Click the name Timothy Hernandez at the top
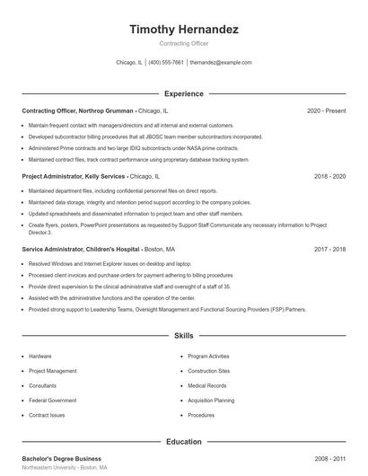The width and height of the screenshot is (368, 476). (x=184, y=30)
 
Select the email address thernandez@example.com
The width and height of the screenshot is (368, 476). (x=221, y=63)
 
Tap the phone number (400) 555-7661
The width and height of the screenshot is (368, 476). (x=166, y=63)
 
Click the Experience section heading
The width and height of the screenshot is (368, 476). (x=184, y=93)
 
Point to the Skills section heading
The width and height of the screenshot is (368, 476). (x=184, y=336)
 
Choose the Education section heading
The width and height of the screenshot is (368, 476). (x=184, y=442)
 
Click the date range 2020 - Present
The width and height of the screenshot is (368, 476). (x=326, y=110)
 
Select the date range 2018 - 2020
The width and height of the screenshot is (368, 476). (x=329, y=177)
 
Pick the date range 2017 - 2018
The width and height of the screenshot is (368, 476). (x=329, y=249)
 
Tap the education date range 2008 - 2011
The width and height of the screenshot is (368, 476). (x=329, y=459)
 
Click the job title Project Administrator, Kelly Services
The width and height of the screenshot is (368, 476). (x=74, y=177)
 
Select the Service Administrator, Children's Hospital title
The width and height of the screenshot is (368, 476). (x=81, y=249)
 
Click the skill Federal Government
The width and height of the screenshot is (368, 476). (x=52, y=401)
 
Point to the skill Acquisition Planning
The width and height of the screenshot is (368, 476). (x=211, y=401)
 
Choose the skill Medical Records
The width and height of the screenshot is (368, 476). (x=207, y=385)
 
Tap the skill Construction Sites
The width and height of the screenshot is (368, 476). (x=209, y=371)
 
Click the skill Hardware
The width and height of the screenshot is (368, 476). (x=40, y=357)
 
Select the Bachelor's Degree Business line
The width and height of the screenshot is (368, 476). (x=62, y=459)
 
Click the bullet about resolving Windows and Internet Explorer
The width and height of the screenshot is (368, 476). (x=110, y=264)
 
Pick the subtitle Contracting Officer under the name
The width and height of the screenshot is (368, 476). (x=184, y=43)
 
